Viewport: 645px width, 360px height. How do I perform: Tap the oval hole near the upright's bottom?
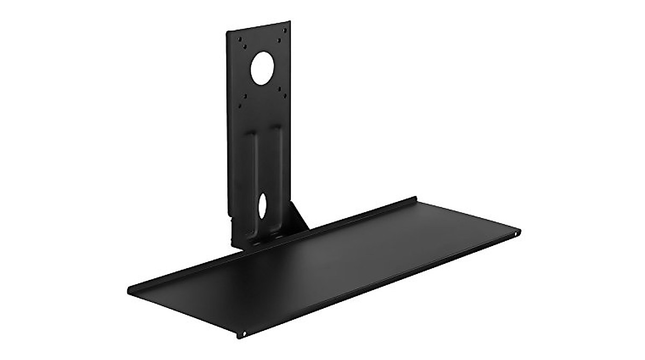(x=262, y=206)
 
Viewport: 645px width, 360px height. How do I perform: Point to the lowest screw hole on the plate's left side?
(x=239, y=106)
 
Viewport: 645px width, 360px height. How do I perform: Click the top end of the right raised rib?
(x=276, y=129)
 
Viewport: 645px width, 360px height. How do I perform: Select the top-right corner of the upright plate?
(x=290, y=21)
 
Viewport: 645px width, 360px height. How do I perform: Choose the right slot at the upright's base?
(x=277, y=235)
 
